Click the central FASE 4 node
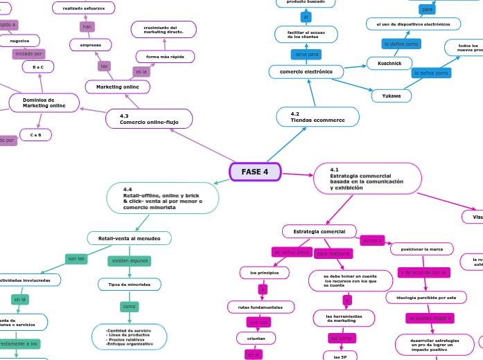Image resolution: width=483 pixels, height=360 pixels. tap(255, 172)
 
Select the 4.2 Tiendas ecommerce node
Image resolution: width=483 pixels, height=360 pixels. tap(317, 117)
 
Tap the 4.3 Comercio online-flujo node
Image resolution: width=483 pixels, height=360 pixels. tap(149, 119)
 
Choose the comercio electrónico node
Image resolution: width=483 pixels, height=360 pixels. tap(306, 71)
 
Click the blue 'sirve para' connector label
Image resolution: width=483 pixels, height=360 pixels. tap(306, 54)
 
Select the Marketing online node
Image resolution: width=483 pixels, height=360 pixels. tap(117, 87)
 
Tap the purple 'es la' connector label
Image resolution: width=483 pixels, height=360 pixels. tap(141, 71)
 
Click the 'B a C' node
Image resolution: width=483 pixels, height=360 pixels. tap(37, 67)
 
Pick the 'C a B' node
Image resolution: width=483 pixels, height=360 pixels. tap(35, 135)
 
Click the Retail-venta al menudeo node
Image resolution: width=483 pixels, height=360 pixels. tap(129, 238)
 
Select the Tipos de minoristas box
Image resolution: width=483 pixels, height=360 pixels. tap(129, 285)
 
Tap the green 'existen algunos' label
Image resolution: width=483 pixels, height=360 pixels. tap(130, 261)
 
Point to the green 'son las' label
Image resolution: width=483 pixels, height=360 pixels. tap(76, 259)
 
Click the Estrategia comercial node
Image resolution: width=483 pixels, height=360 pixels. tap(319, 231)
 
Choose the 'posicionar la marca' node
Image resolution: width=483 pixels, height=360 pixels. tap(421, 249)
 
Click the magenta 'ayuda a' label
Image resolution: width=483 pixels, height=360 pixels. tap(372, 240)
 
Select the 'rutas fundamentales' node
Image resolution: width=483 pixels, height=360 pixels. tap(261, 307)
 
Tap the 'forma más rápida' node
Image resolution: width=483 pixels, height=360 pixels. tap(165, 56)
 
